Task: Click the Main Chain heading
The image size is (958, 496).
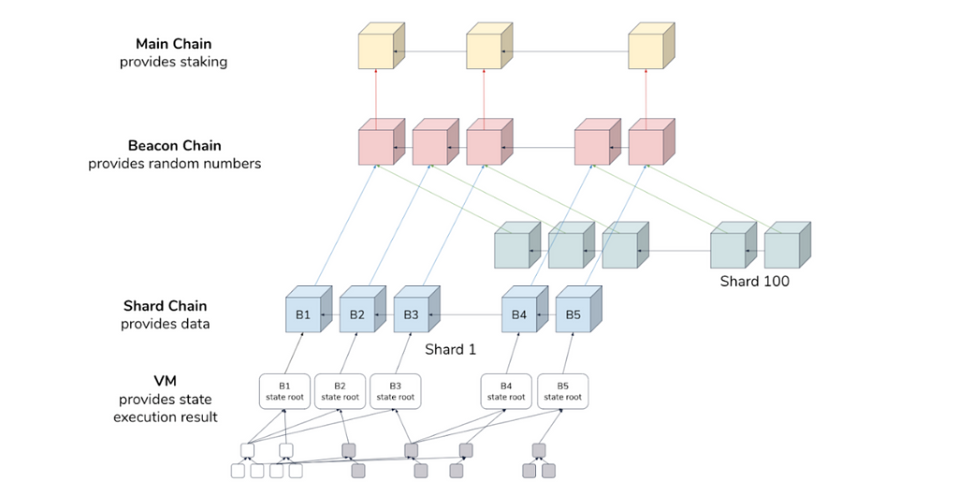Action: (173, 44)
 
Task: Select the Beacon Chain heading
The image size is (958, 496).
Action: (174, 146)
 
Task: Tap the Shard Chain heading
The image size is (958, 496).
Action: (165, 306)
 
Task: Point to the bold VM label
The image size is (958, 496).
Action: (165, 381)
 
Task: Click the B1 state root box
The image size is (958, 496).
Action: (284, 391)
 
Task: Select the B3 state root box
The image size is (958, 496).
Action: (395, 391)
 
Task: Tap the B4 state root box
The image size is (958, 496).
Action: (506, 391)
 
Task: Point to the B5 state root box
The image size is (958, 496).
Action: (562, 391)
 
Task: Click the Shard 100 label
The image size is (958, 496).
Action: (754, 281)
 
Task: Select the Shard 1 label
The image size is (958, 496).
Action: (450, 349)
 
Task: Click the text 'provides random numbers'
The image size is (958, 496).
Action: (174, 164)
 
